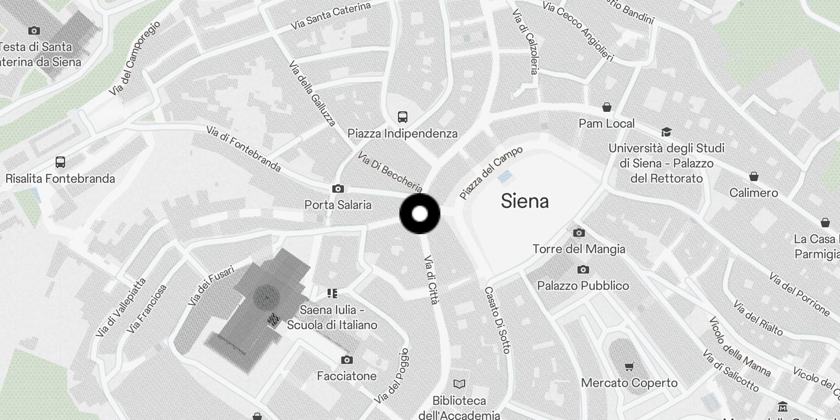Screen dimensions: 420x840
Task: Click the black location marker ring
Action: [x=419, y=214]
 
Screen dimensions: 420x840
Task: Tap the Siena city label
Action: [x=524, y=201]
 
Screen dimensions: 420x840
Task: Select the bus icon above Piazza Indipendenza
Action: [x=403, y=117]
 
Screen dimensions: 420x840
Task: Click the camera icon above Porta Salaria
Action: [x=338, y=188]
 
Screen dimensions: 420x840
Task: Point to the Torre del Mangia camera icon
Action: [x=579, y=233]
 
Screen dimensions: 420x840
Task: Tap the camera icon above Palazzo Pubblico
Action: [x=583, y=269]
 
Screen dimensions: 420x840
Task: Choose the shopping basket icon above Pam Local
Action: [x=607, y=107]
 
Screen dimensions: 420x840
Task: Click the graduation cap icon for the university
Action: [x=666, y=131]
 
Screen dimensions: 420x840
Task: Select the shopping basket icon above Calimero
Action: [x=754, y=176]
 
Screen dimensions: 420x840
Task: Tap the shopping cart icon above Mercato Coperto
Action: [x=629, y=366]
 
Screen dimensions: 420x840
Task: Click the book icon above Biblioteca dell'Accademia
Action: [x=459, y=384]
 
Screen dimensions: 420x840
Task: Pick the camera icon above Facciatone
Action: [x=346, y=360]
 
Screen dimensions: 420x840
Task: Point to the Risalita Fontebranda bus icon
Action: [x=60, y=162]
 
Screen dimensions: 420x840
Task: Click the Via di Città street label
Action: [x=431, y=280]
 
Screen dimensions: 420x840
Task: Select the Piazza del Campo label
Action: [x=491, y=173]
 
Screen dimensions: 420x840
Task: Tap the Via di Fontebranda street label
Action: [x=244, y=149]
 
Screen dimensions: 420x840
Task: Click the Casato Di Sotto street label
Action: [x=497, y=320]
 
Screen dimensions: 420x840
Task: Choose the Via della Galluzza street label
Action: [x=312, y=94]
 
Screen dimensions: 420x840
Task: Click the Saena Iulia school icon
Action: [x=332, y=293]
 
